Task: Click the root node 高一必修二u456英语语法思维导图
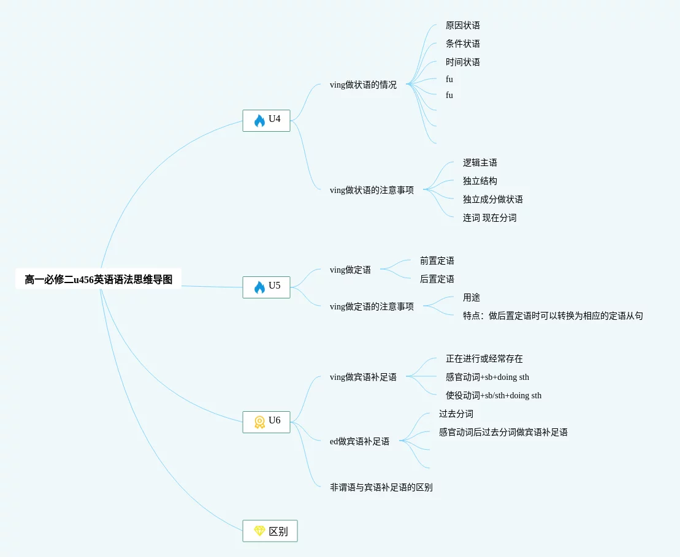[98, 279]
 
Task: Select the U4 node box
[266, 120]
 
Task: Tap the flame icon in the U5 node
[259, 287]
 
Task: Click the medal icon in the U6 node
[259, 422]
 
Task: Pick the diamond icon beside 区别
[259, 531]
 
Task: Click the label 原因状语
[462, 26]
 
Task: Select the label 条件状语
[462, 44]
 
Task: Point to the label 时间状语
[462, 63]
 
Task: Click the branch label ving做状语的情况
[363, 85]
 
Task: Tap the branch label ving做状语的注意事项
[372, 191]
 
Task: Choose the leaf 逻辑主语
[479, 163]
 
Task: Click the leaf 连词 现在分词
[489, 218]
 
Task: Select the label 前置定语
[437, 261]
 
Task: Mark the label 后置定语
[437, 279]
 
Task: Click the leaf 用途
[471, 298]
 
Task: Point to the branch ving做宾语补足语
[363, 377]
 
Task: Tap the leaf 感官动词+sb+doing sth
[487, 377]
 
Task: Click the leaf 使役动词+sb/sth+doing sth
[493, 396]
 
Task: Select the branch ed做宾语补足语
[359, 441]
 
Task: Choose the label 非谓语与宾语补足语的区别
[381, 488]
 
